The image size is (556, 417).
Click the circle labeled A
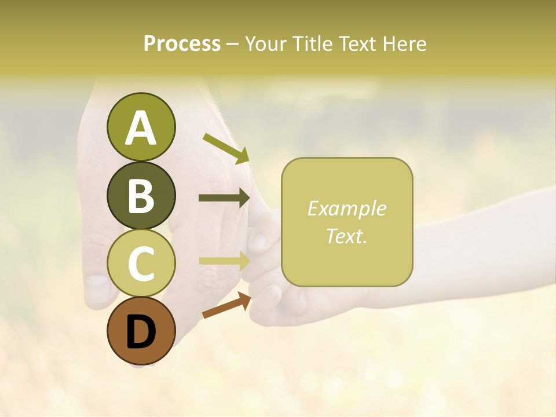point(141,127)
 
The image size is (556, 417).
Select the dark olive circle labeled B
point(141,195)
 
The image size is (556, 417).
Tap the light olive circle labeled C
point(141,264)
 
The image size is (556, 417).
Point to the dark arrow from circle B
point(224,198)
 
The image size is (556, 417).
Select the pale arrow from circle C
point(224,261)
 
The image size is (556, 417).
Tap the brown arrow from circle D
point(226,305)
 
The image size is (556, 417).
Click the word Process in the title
point(182,43)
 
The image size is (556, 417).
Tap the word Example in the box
point(347,209)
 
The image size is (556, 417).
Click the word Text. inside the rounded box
point(347,236)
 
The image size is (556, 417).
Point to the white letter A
point(141,128)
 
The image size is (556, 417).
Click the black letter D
point(141,332)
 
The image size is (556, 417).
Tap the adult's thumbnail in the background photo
point(97,287)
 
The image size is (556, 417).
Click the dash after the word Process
point(233,44)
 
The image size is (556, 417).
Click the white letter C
point(141,264)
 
